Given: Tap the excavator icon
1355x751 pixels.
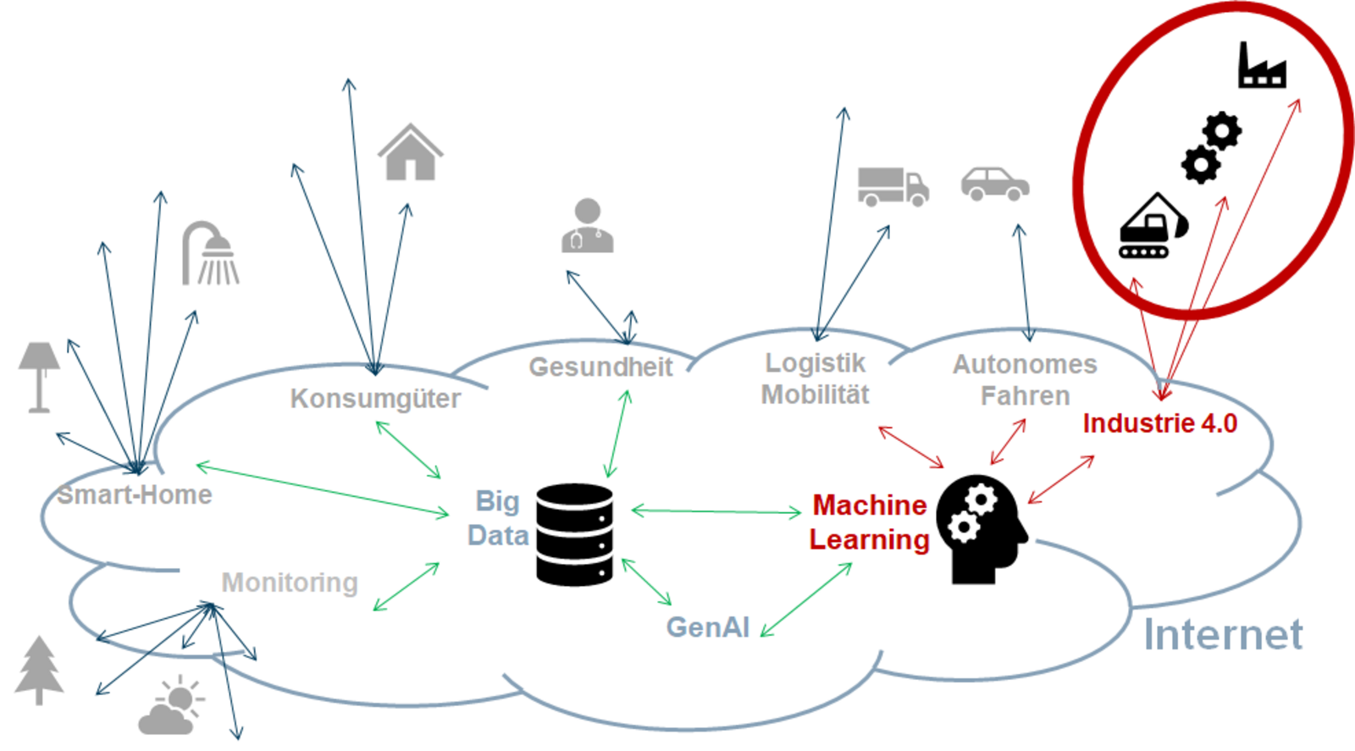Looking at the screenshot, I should click(1153, 227).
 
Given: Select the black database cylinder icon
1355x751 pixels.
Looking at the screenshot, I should click(574, 534).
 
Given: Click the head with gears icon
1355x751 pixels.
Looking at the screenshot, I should click(982, 528).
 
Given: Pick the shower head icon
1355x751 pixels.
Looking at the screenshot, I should click(211, 253).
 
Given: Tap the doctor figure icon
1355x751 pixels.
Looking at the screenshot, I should click(587, 226).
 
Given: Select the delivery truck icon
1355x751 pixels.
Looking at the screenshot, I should click(893, 186).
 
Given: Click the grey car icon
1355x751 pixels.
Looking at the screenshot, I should click(995, 184).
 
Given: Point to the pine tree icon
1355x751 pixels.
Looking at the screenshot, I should click(39, 670).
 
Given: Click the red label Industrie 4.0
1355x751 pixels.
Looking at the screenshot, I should click(1159, 423).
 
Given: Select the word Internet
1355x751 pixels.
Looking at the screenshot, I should click(1223, 635).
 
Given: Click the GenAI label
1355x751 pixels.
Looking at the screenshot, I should click(708, 627).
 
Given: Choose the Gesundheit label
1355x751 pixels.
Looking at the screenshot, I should click(600, 367).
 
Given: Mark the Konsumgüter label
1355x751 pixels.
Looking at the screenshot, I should click(375, 399).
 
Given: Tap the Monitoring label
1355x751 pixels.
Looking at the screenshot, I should click(290, 583).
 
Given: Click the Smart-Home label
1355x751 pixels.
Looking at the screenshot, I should click(135, 494).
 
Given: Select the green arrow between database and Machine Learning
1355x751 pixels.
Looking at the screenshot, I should click(716, 511).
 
